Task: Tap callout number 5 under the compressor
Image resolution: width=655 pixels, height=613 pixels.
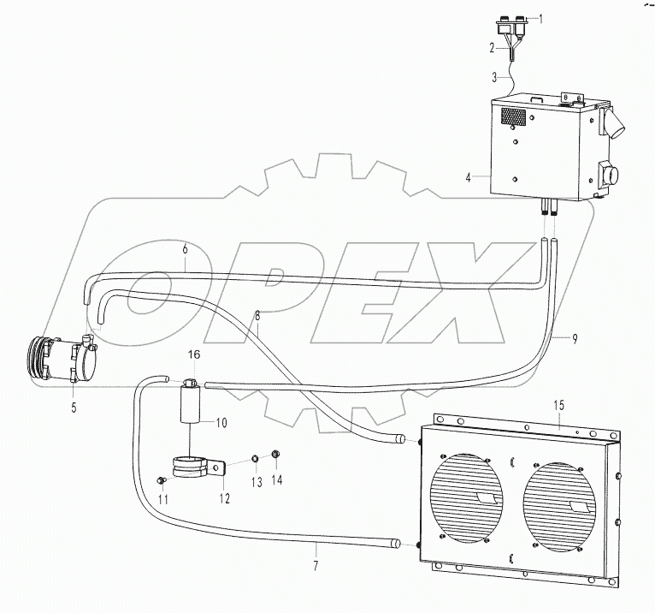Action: pos(74,408)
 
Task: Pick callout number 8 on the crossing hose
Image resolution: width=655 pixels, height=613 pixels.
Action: pos(257,315)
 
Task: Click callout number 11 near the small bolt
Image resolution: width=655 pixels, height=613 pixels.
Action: pos(163,498)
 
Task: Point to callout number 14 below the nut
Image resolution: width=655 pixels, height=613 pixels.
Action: pos(275,481)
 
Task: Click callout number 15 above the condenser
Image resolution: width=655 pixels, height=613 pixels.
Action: pos(559,403)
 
